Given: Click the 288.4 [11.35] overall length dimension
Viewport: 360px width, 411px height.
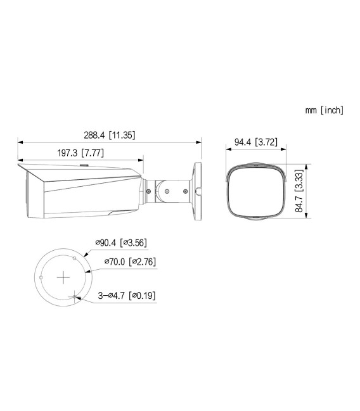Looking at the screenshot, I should [109, 135].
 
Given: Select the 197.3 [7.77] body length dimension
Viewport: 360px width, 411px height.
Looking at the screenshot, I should [80, 153].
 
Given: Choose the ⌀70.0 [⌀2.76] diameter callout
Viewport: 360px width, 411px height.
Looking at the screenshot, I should [129, 260].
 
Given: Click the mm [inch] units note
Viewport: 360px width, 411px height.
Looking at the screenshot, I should [324, 110].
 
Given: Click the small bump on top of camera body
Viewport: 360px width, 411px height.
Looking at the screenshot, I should [82, 167].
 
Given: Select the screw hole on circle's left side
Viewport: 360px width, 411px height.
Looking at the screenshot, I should [41, 277].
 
